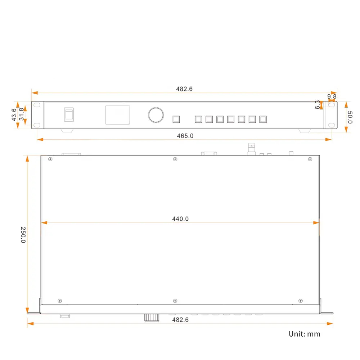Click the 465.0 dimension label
185,136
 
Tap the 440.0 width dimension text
180,219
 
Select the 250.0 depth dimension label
23,235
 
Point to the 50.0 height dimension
350,117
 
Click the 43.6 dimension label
14,115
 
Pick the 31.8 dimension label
21,114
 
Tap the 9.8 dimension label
332,96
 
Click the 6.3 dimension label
317,105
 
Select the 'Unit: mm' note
305,334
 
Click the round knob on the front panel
156,115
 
